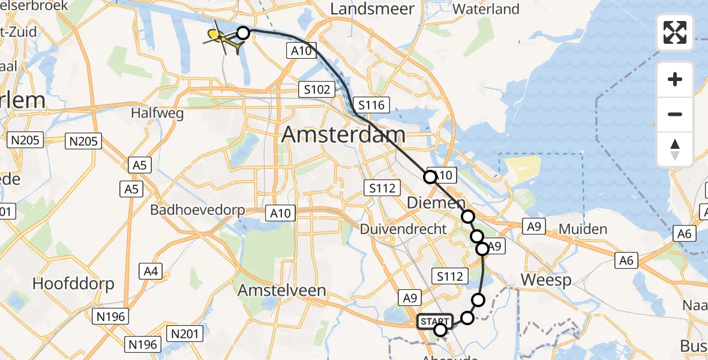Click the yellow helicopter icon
tap(220, 37)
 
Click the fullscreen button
tap(675, 32)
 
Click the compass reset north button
tap(675, 149)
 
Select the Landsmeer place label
tap(372, 9)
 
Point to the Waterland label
tap(486, 9)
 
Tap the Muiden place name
tap(583, 229)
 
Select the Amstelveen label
tap(282, 290)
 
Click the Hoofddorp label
tap(74, 283)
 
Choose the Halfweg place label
tap(157, 113)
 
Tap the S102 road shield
tap(316, 90)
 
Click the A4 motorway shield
tap(151, 272)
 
